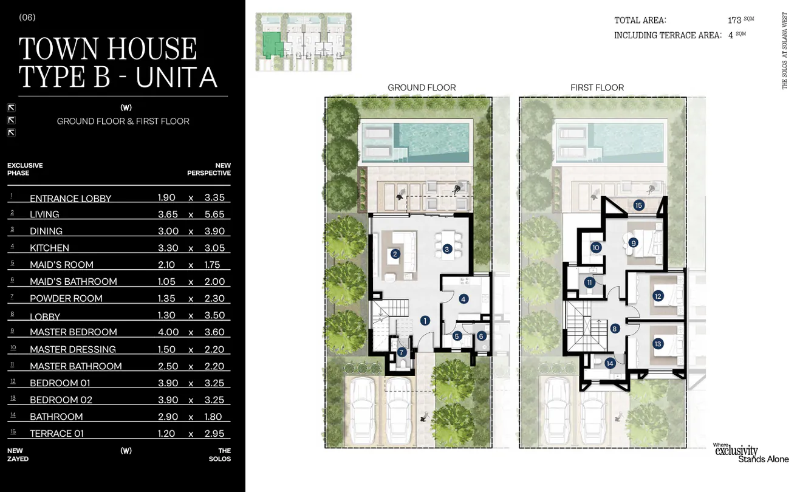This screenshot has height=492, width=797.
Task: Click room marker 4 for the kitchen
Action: coord(463,299)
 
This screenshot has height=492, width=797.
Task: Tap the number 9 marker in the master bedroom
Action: coord(633,243)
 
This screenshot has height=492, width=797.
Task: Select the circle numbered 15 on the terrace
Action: coord(638,205)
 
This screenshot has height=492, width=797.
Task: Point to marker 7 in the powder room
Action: coord(402,352)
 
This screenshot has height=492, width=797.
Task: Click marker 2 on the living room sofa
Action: coord(395,254)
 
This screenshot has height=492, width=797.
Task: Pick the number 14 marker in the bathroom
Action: coord(610,363)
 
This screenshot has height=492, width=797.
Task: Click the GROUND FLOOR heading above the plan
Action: coord(422,87)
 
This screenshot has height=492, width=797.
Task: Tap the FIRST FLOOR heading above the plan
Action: coord(597,87)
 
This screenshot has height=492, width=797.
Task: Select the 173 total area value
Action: coord(734,20)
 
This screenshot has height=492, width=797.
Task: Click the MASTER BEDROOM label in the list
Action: coord(74,332)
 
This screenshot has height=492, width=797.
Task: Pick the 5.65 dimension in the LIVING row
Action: coord(214,214)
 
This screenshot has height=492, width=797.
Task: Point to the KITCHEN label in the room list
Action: coord(49,248)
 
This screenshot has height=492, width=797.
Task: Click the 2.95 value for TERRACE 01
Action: coord(214,433)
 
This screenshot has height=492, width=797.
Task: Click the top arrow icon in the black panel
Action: coord(12,108)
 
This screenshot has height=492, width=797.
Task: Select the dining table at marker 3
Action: coord(448,245)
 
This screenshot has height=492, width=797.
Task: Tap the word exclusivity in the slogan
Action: coord(736,451)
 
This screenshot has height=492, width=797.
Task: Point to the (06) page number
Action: coord(27,18)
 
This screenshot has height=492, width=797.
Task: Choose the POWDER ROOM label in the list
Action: coord(66,298)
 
